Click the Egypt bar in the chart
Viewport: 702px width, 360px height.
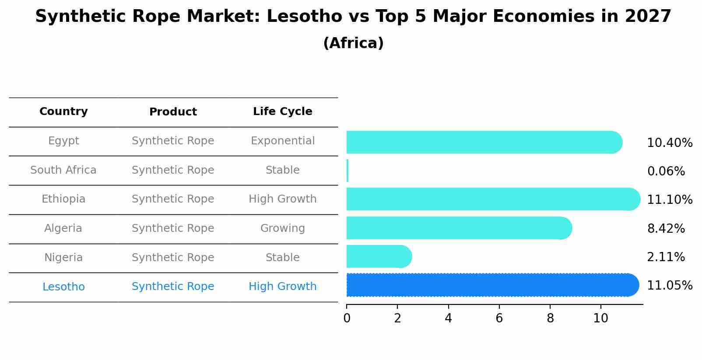(x=484, y=142)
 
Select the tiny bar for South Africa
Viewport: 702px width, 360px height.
(x=347, y=171)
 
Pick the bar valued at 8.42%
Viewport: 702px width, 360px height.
(x=459, y=228)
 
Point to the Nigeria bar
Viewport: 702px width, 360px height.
(x=379, y=256)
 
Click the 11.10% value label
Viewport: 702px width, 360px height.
(x=669, y=200)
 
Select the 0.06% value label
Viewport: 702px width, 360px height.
(x=666, y=171)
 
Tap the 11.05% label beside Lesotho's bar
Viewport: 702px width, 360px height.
(x=669, y=286)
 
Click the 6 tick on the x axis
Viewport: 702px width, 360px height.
(x=499, y=318)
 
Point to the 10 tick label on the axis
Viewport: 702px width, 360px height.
(x=600, y=318)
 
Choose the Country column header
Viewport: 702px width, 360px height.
(x=63, y=112)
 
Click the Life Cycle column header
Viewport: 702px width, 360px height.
(x=282, y=112)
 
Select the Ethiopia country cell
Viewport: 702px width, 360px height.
(x=63, y=199)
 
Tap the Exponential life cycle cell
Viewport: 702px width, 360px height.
(x=282, y=141)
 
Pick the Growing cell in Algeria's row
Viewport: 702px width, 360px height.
(x=282, y=228)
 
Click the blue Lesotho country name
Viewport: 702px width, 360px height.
(x=63, y=287)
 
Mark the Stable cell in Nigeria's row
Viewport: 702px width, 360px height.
(x=282, y=258)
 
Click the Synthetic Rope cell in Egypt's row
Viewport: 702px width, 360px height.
(x=173, y=141)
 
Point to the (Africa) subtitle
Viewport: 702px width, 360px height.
(x=353, y=43)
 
